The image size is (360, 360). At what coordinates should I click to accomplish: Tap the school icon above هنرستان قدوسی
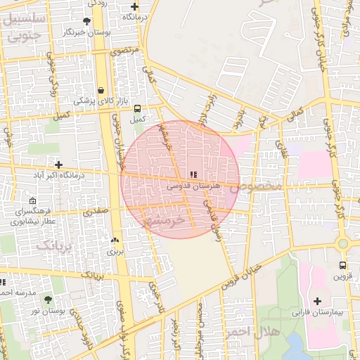194,174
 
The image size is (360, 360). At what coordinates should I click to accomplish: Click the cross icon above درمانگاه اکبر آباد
58,165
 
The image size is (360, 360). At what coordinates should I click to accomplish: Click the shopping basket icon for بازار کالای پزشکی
102,90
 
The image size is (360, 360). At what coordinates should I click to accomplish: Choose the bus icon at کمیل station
137,108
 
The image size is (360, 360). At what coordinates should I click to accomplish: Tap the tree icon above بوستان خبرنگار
86,22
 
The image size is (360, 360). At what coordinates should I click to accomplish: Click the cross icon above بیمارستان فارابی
318,300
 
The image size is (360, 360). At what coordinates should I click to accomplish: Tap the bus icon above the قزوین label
342,265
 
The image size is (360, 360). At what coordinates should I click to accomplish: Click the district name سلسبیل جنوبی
22,27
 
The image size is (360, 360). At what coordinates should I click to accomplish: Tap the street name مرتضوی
124,51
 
